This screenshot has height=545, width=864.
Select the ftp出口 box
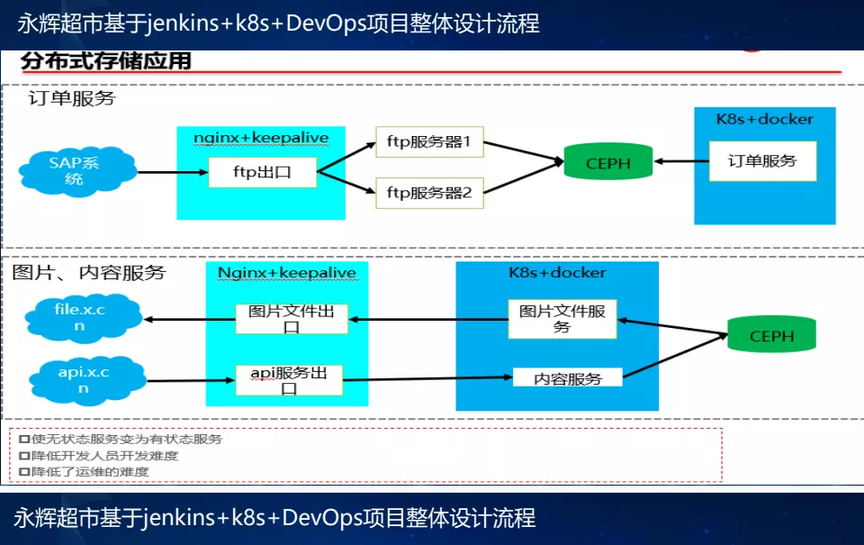tap(262, 172)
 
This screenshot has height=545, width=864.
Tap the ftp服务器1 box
tap(429, 142)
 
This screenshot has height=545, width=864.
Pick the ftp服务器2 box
tap(429, 192)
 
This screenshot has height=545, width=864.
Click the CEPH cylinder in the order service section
tap(608, 163)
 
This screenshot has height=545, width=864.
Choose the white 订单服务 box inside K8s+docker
tap(762, 161)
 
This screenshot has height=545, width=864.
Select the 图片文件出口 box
tap(292, 319)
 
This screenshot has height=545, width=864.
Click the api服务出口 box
tap(288, 380)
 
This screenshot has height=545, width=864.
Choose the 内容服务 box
tap(567, 378)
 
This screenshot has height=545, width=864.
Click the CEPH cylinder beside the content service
tap(771, 335)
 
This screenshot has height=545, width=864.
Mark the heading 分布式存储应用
tap(106, 61)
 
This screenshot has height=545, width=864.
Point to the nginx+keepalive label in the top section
tap(261, 138)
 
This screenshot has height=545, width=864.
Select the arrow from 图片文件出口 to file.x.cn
tap(189, 320)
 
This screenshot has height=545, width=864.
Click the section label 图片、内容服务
tap(89, 272)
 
